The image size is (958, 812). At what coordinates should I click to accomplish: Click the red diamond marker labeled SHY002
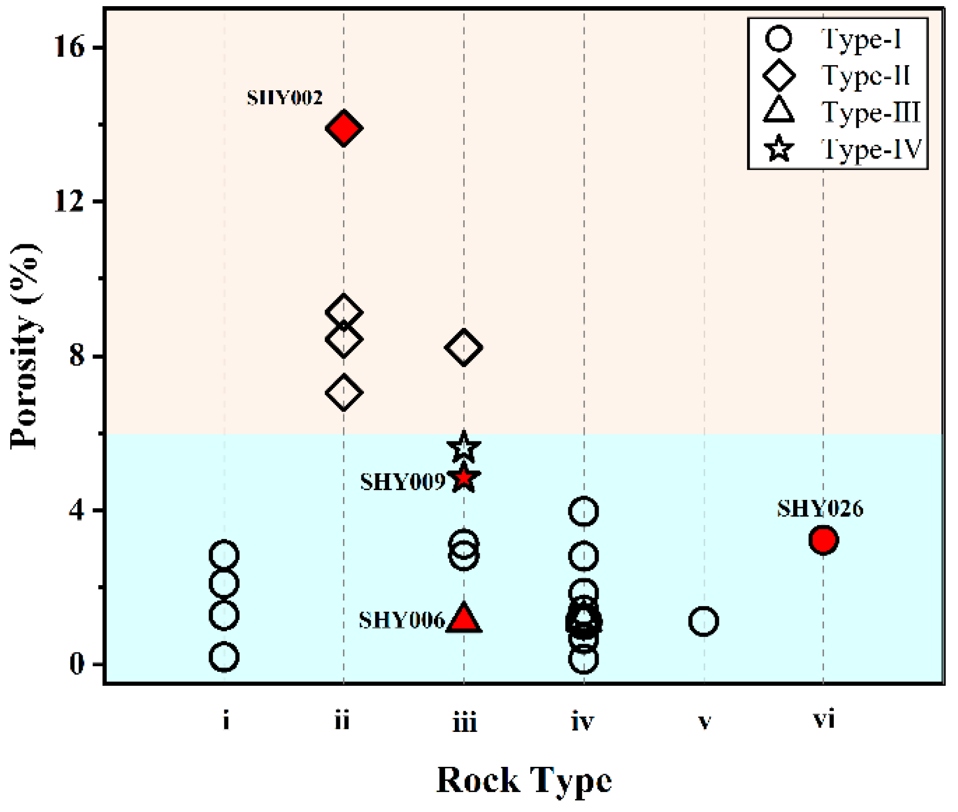[x=343, y=128]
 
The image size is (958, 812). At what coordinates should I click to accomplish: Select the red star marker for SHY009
[x=464, y=478]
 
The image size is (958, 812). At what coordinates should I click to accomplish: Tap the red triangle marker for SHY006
[x=464, y=618]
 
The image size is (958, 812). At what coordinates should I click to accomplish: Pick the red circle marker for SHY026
[x=823, y=540]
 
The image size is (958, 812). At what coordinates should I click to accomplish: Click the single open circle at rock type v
[x=703, y=621]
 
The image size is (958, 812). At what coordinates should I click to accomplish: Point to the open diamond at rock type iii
[x=464, y=347]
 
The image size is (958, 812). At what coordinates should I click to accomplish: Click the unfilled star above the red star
[x=464, y=447]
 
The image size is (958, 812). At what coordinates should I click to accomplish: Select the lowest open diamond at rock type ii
[x=343, y=393]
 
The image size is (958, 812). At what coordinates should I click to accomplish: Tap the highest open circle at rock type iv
[x=583, y=511]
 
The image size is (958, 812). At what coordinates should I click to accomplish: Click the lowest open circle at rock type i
[x=224, y=657]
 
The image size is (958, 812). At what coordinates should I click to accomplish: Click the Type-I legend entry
[x=837, y=39]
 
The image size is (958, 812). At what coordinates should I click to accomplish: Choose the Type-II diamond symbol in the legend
[x=779, y=76]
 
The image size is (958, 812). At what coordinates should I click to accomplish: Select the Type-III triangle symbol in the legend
[x=779, y=111]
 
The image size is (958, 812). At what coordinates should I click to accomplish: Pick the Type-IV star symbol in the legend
[x=779, y=149]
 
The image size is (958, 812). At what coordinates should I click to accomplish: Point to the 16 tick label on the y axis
[x=68, y=47]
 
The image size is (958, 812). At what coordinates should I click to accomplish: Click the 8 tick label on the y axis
[x=76, y=355]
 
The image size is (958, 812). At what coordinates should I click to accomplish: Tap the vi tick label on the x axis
[x=823, y=720]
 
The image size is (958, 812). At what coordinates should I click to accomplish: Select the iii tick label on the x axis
[x=464, y=722]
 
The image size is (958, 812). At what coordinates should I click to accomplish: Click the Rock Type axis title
[x=524, y=780]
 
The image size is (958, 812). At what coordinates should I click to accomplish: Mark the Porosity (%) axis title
[x=26, y=347]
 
